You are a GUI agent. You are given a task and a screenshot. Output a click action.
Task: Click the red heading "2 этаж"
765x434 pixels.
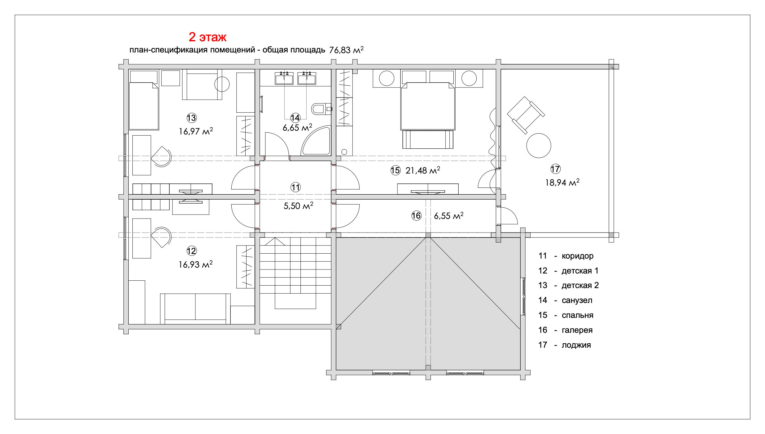(x=207, y=37)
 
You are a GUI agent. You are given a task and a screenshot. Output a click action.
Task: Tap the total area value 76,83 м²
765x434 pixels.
(x=346, y=50)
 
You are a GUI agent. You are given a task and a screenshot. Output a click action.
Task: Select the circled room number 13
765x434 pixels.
(x=192, y=118)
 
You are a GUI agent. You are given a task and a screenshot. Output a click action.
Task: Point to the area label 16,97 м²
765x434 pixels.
(x=196, y=131)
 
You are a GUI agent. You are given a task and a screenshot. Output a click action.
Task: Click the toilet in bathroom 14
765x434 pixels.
(x=321, y=109)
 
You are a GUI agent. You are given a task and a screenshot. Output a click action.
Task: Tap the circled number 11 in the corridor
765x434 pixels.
(x=296, y=187)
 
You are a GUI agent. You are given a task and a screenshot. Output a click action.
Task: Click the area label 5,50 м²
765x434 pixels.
(x=298, y=206)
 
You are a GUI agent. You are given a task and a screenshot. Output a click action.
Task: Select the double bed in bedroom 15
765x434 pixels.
(x=428, y=106)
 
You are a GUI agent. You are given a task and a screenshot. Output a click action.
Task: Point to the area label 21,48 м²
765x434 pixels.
(x=423, y=170)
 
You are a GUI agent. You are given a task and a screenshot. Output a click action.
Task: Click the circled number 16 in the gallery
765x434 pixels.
(x=416, y=216)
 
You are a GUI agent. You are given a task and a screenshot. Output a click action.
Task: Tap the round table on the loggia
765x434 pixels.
(x=539, y=145)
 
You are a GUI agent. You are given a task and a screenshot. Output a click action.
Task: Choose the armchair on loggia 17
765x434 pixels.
(x=526, y=115)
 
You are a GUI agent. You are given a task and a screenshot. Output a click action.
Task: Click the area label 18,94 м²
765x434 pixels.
(x=562, y=183)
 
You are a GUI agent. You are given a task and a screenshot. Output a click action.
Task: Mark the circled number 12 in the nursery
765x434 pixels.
(x=192, y=251)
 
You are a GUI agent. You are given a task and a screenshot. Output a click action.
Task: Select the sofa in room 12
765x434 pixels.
(x=195, y=309)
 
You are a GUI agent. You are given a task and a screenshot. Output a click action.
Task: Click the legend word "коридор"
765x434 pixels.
(x=577, y=256)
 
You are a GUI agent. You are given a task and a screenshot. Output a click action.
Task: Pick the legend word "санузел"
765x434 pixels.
(x=577, y=300)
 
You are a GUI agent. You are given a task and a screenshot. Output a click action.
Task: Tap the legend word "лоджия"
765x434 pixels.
(x=576, y=345)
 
